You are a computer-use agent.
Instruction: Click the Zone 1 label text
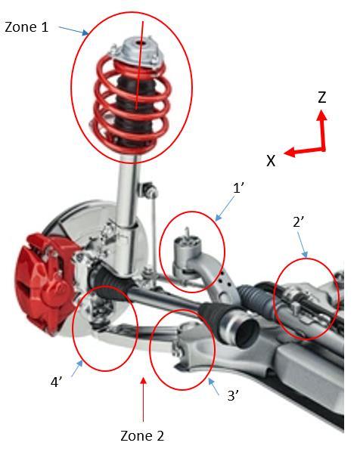coord(26,27)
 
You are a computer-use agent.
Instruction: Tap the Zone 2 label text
coord(142,435)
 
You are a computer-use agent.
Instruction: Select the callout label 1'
coord(238,188)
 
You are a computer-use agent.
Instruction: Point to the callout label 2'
coord(299,222)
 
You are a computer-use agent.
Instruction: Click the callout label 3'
coord(233,395)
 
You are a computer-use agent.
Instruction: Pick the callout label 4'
coord(57,382)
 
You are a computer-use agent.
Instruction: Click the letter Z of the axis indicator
coord(321,97)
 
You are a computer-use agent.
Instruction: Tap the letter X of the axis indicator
coord(271,160)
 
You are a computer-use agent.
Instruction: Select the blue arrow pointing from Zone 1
coord(73,31)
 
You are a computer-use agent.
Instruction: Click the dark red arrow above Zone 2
coord(143,399)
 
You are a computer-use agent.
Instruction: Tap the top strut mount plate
coord(136,53)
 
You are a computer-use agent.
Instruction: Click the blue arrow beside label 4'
coord(77,367)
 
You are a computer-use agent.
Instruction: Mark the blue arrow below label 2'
coord(302,245)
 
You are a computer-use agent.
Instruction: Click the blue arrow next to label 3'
coord(214,386)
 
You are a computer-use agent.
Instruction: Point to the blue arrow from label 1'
coord(225,209)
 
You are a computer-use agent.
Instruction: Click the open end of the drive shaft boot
coord(247,331)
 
